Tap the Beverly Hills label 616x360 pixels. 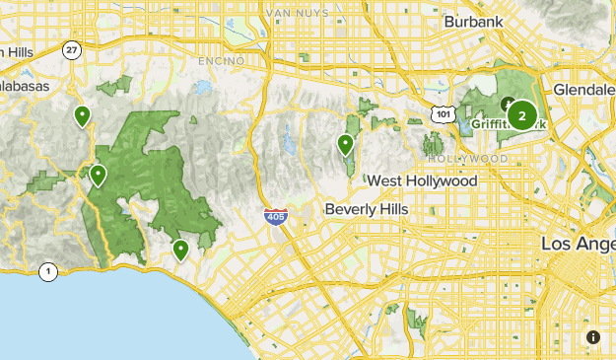pos(367,210)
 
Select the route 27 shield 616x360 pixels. pos(71,49)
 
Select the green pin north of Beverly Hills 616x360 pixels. pos(346,146)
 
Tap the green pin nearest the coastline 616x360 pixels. pos(180,251)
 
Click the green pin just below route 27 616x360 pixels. pos(82,116)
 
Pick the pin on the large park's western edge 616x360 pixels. pos(98,176)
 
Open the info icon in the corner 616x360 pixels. pos(592,337)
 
